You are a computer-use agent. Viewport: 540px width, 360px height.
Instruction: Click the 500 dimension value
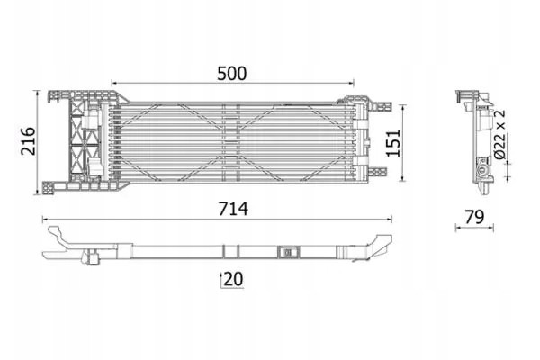click(232, 74)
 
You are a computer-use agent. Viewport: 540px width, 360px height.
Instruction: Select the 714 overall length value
click(233, 209)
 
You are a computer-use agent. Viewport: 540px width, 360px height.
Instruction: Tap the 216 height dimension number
click(28, 141)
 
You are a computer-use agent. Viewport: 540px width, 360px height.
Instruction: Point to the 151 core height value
click(393, 143)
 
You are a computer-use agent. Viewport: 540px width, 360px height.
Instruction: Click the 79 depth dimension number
click(474, 217)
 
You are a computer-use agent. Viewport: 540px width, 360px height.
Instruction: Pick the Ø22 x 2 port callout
click(499, 134)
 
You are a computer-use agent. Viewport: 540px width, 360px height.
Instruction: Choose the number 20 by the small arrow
click(233, 279)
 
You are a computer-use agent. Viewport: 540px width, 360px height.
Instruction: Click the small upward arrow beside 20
click(221, 280)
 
